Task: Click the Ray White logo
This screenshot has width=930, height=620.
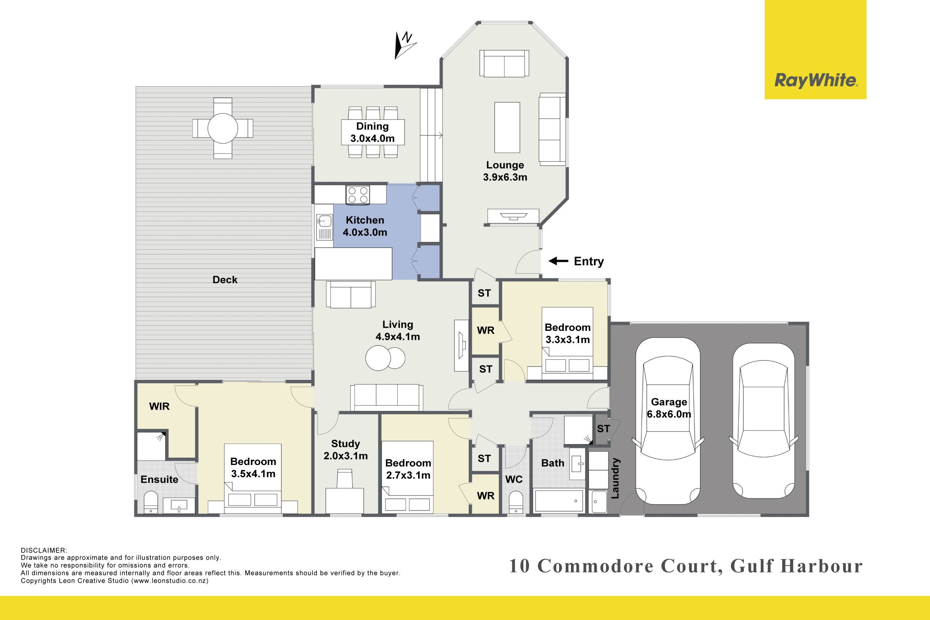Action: point(815,49)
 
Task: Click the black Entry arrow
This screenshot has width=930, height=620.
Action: point(558,261)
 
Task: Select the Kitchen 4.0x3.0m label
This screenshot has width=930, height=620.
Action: point(365,226)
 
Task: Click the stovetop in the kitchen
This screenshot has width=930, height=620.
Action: point(358,195)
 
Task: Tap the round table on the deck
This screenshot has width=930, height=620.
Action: point(223,128)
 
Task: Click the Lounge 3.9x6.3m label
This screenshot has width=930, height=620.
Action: point(505,171)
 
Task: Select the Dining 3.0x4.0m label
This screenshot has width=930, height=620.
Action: point(372,132)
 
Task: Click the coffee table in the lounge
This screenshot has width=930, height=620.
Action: point(507,127)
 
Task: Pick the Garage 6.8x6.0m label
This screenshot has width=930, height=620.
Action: point(669,408)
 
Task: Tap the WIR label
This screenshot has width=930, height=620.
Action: point(159,406)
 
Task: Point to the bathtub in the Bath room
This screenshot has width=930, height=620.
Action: point(559,501)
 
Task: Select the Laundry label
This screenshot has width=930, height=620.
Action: point(615,478)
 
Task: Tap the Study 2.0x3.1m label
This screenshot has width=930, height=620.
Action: point(345,450)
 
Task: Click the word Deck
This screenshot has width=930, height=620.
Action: point(225,280)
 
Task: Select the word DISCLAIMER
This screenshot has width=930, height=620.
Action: point(44,550)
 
